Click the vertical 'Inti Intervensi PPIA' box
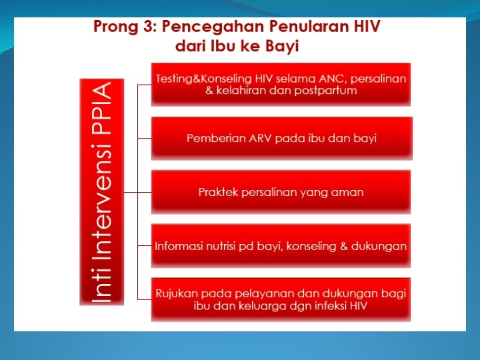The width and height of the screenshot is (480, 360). point(101,191)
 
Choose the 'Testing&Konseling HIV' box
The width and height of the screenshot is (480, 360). point(281,84)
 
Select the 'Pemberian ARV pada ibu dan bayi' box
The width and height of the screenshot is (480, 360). point(281,138)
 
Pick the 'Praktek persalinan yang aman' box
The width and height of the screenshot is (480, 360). point(281,192)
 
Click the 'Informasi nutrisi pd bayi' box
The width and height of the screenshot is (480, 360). point(281,246)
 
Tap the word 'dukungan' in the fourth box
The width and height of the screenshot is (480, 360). point(379,246)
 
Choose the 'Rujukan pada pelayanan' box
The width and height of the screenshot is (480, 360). point(281,299)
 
